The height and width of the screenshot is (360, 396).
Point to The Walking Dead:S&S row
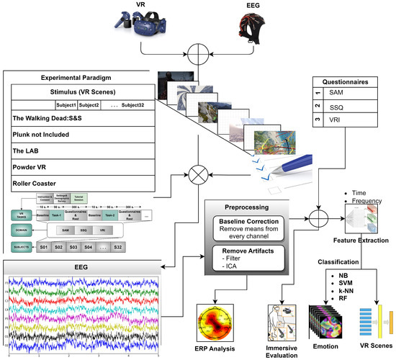point(50,117)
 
